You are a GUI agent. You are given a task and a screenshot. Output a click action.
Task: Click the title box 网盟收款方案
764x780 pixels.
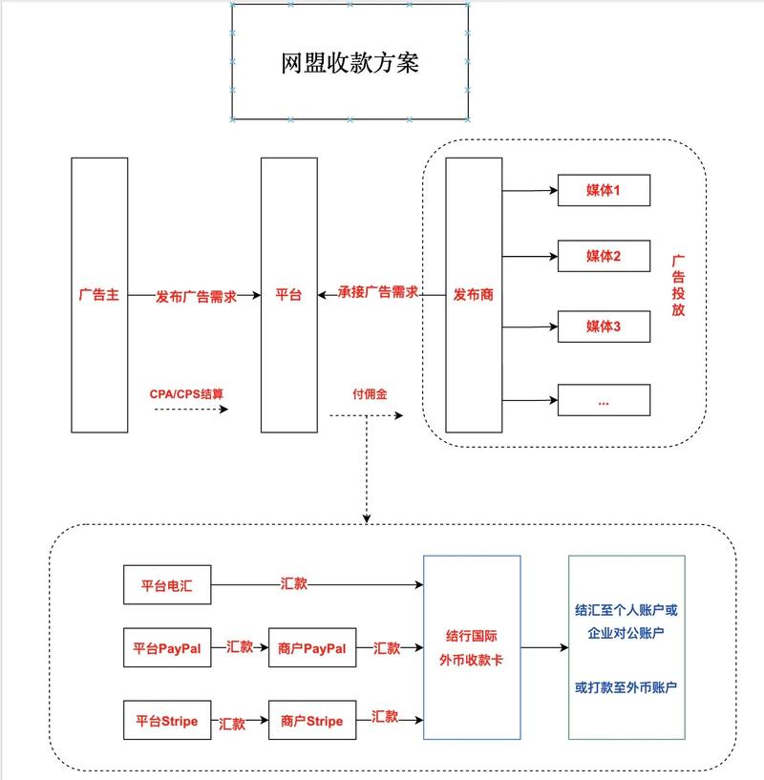(x=350, y=62)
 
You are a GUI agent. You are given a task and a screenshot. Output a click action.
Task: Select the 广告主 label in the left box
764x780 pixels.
(x=99, y=295)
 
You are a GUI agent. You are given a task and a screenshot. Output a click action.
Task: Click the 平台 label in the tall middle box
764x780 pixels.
(x=288, y=295)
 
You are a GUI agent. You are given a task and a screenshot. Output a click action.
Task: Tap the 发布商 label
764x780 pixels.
(x=473, y=295)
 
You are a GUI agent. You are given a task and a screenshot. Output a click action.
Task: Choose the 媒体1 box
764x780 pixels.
(x=604, y=190)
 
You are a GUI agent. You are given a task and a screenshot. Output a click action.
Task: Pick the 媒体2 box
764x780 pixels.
(x=604, y=257)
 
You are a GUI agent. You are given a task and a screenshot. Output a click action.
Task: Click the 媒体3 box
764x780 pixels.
(x=604, y=327)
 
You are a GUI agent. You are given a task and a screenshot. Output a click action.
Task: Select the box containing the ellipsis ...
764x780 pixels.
(x=604, y=400)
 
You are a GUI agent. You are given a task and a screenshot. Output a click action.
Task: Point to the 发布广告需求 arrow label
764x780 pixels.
(x=196, y=295)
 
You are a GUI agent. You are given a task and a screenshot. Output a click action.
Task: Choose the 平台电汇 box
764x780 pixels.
(x=166, y=585)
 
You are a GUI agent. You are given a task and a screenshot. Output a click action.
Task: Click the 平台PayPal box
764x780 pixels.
(x=166, y=648)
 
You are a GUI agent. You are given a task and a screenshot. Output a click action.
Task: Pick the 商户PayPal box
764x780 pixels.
(x=312, y=648)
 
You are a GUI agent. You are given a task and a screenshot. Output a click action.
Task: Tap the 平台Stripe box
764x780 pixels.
(x=166, y=721)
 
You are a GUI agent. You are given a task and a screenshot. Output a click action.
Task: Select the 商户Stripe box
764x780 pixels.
(x=312, y=721)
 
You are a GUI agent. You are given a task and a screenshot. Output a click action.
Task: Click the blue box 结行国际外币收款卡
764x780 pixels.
(x=471, y=647)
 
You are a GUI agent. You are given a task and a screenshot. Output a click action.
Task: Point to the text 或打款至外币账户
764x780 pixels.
(x=626, y=687)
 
